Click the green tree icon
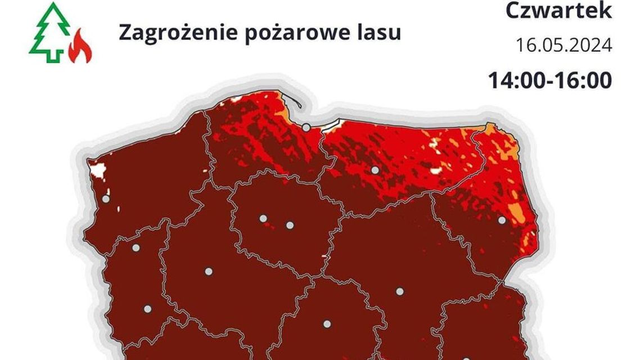pos(50,32)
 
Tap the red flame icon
pos(80,47)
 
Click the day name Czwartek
pos(558,11)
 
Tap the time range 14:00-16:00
pos(549,80)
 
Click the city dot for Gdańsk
pos(306,128)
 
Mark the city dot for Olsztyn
pos(374,170)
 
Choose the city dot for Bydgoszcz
pos(263,218)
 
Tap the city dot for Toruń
pos(290,225)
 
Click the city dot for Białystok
pos(502,220)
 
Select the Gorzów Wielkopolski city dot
pos(136,247)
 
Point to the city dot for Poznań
pos(209,271)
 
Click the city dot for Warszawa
pos(400,291)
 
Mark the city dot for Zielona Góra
pos(148,309)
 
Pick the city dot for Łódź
pos(327,324)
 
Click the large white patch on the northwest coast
pos(99,169)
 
